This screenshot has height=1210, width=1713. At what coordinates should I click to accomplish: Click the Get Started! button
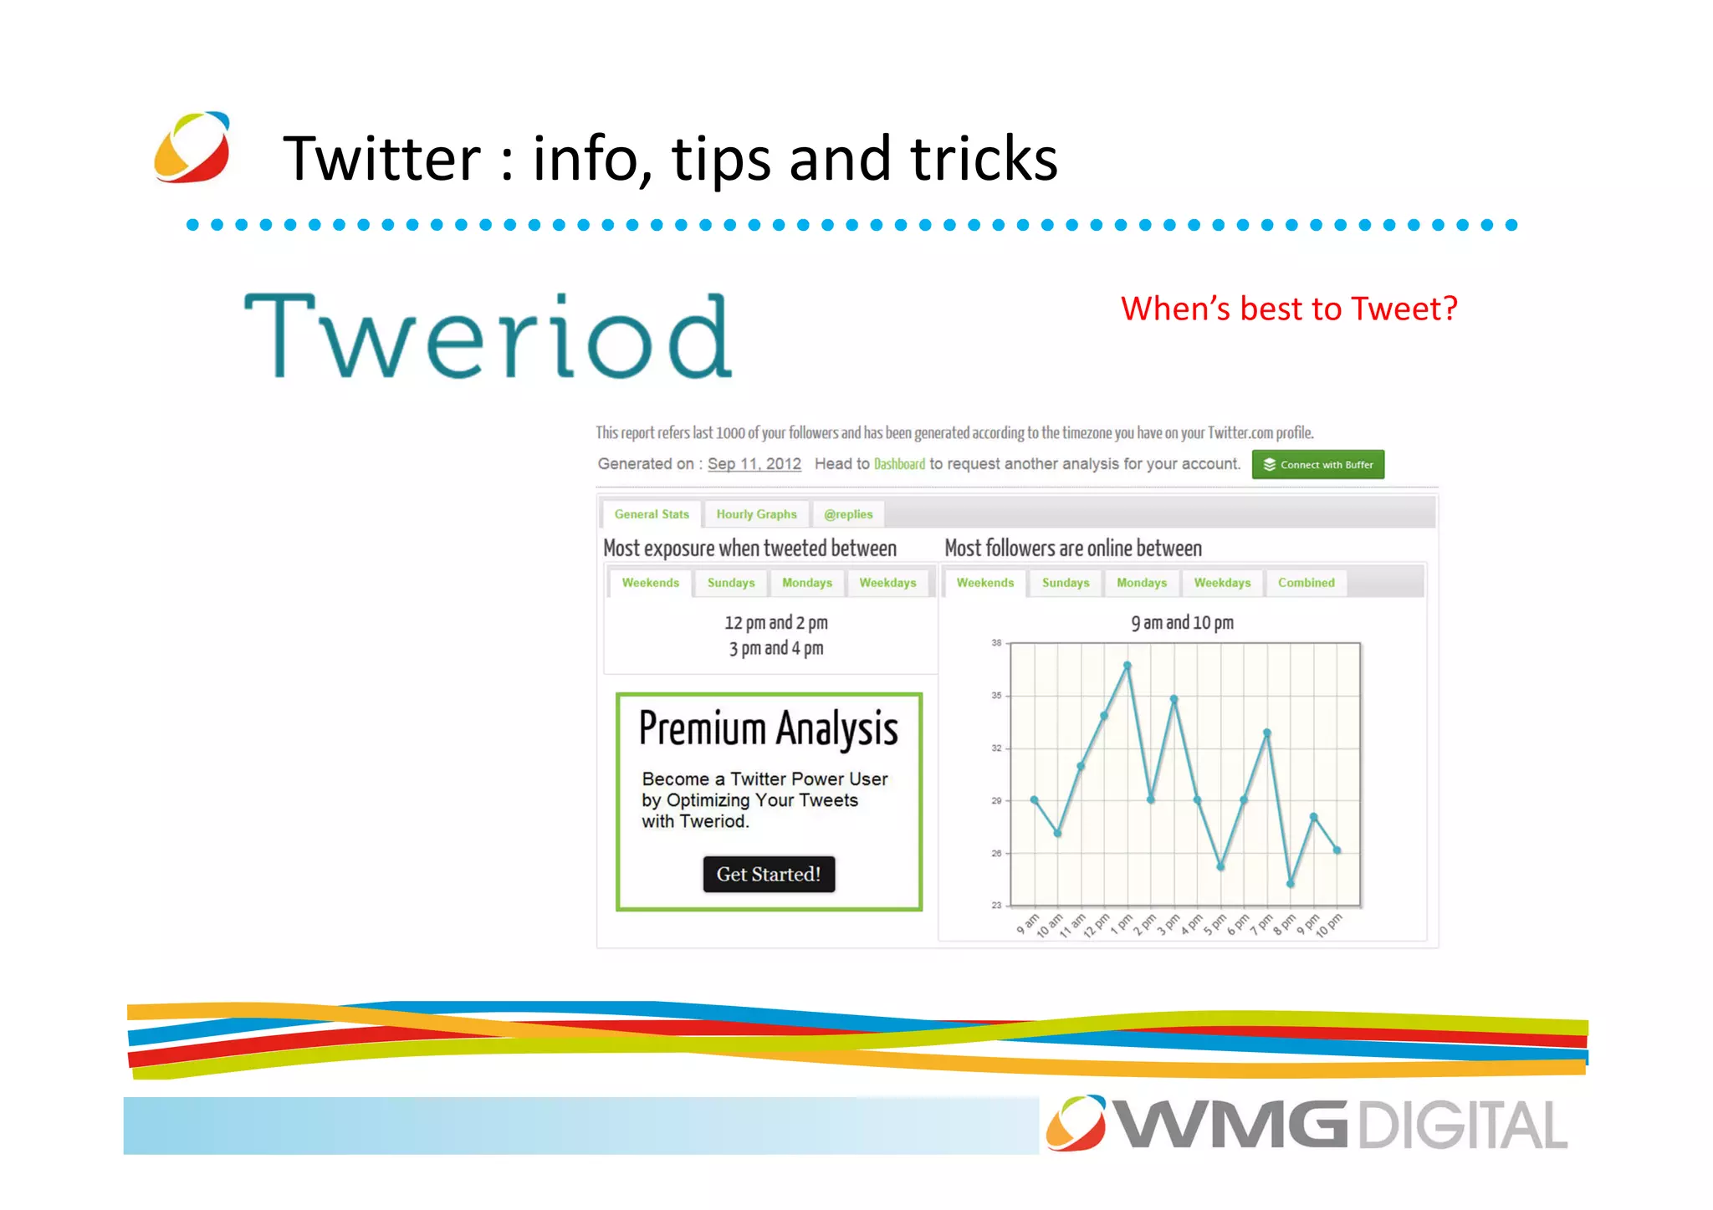point(768,874)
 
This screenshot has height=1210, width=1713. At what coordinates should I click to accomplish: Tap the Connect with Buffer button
point(1317,465)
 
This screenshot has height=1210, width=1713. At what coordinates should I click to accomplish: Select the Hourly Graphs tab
point(756,514)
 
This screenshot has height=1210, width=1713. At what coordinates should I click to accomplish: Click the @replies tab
point(847,514)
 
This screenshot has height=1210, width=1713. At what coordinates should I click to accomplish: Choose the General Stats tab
point(652,514)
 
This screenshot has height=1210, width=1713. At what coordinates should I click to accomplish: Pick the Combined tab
point(1306,583)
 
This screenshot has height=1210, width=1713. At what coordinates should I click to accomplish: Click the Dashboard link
point(899,464)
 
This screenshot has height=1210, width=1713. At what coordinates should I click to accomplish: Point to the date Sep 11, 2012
point(754,464)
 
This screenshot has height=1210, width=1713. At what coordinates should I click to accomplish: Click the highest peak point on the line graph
point(1128,666)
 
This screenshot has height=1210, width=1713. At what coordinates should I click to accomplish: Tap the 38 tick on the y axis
point(996,643)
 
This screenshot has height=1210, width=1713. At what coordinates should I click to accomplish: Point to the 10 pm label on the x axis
point(1328,925)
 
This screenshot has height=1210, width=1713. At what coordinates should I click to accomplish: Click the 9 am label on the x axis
point(1027,923)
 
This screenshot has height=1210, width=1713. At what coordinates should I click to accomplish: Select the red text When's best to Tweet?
point(1288,309)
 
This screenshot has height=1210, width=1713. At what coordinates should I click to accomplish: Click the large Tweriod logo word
point(488,337)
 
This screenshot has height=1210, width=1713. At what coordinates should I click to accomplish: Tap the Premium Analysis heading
point(768,728)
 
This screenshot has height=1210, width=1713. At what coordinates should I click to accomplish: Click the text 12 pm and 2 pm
point(775,623)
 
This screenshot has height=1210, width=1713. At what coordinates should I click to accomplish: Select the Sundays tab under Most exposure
point(730,583)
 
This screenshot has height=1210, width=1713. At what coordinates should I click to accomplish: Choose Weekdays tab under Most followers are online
point(1222,583)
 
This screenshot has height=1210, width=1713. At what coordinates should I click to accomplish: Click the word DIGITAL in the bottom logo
point(1461,1126)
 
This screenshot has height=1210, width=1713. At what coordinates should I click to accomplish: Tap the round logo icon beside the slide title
point(192,147)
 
